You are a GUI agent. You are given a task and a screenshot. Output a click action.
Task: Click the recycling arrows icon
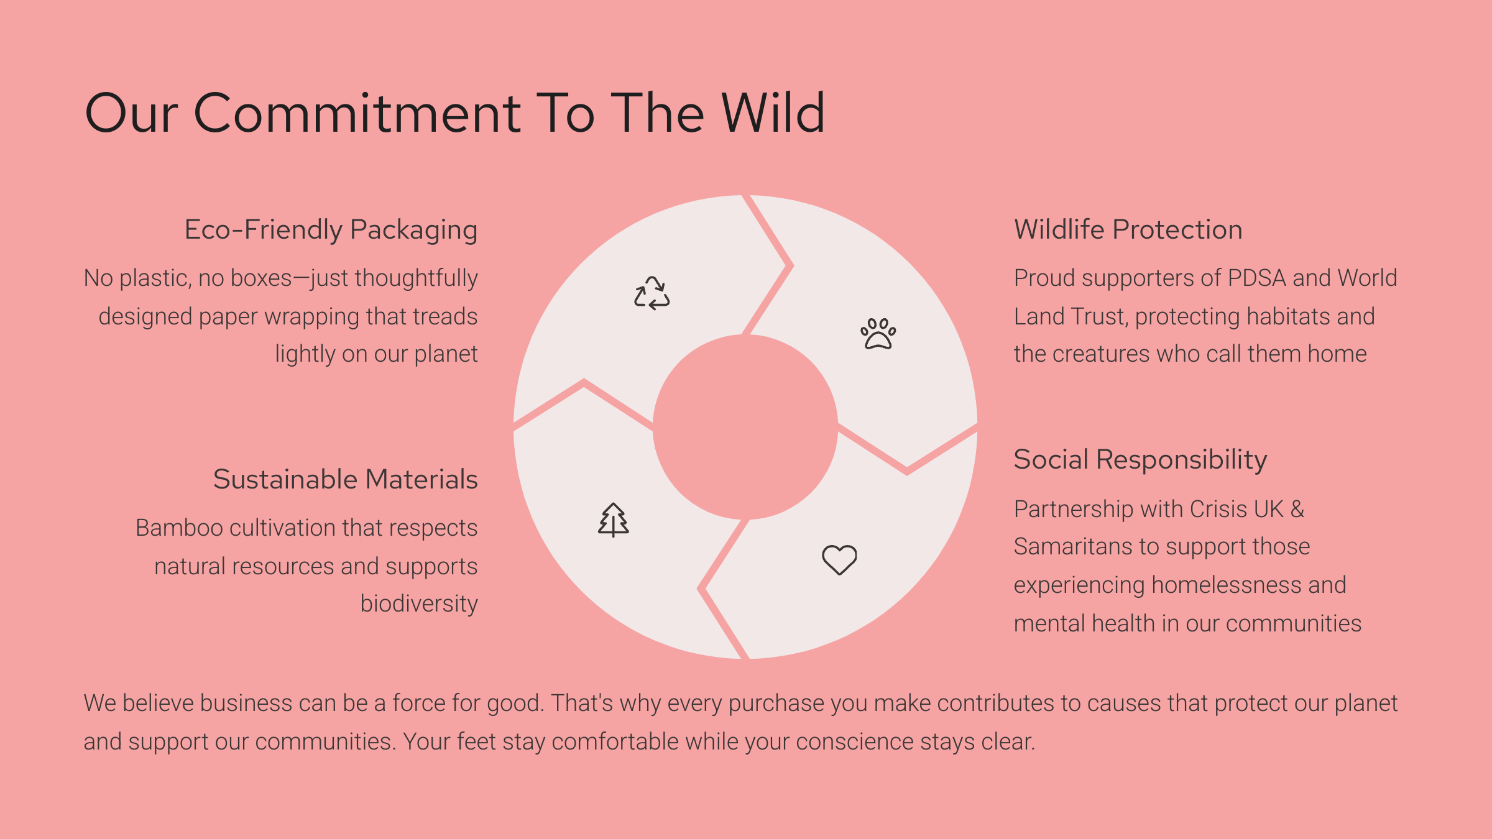[x=652, y=293]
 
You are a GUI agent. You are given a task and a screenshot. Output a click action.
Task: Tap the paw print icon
[x=878, y=334]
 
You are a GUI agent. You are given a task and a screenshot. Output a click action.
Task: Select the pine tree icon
[x=614, y=520]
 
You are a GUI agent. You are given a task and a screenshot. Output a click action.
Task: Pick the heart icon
[x=839, y=559]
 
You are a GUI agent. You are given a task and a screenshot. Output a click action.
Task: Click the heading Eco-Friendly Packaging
[x=331, y=230]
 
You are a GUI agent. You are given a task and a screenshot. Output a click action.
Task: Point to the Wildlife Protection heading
[x=1128, y=229]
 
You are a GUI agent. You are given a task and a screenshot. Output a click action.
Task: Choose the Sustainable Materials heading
[x=346, y=479]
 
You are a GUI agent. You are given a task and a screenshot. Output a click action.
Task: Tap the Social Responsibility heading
[x=1140, y=461]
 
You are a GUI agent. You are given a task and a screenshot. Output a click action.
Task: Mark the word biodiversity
[x=419, y=603]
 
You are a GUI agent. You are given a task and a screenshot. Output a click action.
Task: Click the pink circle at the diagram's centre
[x=745, y=428]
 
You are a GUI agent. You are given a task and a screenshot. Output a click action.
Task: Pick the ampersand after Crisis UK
[x=1297, y=509]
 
